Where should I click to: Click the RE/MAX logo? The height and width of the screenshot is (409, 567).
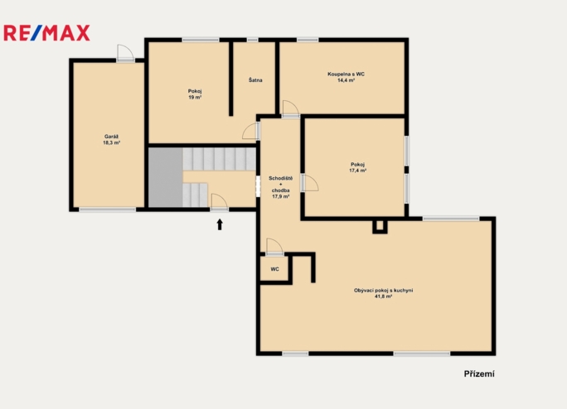pyautogui.click(x=46, y=33)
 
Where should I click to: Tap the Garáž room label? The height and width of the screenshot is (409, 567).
pyautogui.click(x=111, y=137)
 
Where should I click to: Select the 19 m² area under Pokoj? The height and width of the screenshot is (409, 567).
pyautogui.click(x=195, y=98)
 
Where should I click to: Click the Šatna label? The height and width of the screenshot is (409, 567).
pyautogui.click(x=255, y=79)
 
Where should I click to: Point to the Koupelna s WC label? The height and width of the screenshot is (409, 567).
pyautogui.click(x=346, y=74)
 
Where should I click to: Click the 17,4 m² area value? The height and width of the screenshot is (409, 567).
pyautogui.click(x=357, y=171)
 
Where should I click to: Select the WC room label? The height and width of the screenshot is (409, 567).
pyautogui.click(x=275, y=269)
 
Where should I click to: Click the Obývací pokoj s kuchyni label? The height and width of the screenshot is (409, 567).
pyautogui.click(x=383, y=290)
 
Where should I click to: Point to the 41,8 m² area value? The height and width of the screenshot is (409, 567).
pyautogui.click(x=383, y=296)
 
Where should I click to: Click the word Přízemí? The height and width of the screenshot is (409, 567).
pyautogui.click(x=479, y=374)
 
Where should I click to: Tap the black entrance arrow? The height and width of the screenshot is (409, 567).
pyautogui.click(x=220, y=224)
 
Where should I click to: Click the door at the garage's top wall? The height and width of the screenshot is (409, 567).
pyautogui.click(x=125, y=53)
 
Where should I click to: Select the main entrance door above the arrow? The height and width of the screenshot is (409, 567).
pyautogui.click(x=220, y=202)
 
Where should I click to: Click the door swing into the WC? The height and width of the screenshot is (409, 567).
pyautogui.click(x=274, y=247)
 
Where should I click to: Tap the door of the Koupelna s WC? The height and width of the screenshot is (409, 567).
pyautogui.click(x=291, y=108)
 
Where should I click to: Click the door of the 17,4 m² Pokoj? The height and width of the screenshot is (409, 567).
pyautogui.click(x=310, y=182)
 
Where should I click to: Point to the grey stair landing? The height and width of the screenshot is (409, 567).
pyautogui.click(x=166, y=177)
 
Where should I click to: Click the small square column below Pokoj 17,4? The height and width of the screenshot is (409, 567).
pyautogui.click(x=380, y=227)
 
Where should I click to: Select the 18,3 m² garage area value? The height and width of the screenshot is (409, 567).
pyautogui.click(x=111, y=142)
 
